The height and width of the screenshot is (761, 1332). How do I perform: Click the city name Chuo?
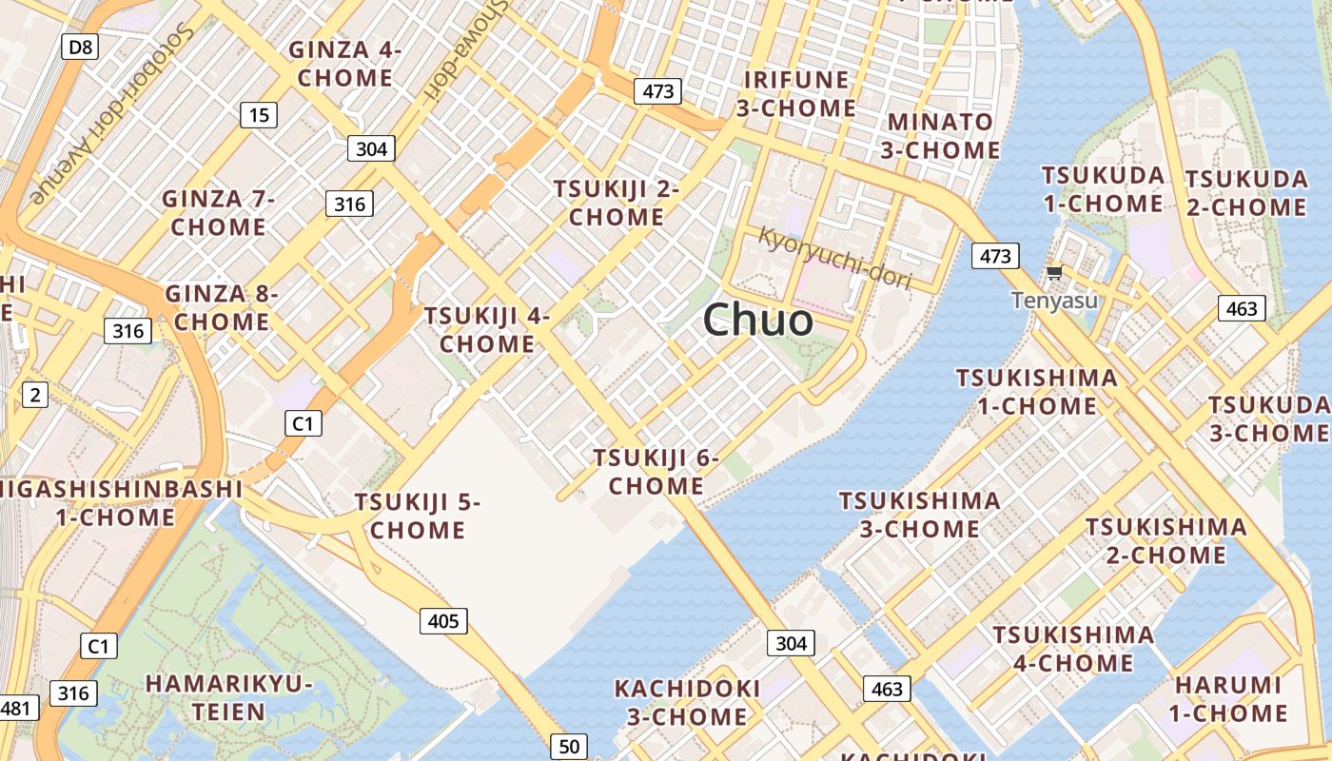[758, 320]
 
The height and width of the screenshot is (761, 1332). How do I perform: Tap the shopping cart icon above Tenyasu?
[1054, 273]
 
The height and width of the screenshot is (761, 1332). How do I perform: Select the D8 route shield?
[80, 47]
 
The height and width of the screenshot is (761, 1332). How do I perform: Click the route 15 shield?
[258, 116]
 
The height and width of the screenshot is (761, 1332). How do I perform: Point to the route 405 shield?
[443, 622]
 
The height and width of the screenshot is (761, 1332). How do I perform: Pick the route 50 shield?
[569, 747]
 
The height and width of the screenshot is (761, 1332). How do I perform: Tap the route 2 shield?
[34, 394]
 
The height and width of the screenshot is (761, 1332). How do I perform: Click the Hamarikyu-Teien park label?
[229, 697]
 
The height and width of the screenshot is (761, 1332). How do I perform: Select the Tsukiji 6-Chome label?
[656, 472]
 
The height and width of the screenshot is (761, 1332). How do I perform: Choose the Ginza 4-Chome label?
[345, 64]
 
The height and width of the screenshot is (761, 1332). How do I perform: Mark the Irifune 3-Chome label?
[796, 93]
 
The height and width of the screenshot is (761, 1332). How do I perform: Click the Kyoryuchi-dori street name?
[834, 258]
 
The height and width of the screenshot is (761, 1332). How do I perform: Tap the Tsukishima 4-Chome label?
[1073, 648]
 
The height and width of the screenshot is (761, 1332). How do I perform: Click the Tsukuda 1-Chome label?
[1103, 189]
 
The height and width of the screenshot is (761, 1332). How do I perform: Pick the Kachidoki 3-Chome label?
[687, 702]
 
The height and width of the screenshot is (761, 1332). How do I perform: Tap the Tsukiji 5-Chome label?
[418, 516]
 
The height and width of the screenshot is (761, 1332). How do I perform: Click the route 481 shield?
[17, 708]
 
